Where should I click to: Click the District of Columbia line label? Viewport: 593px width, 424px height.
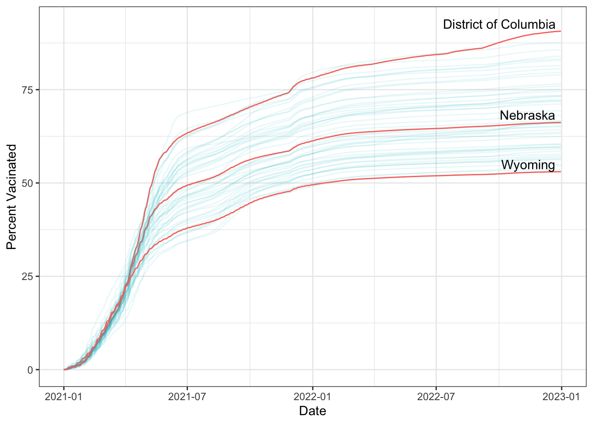click(x=499, y=24)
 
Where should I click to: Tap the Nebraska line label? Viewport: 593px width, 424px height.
click(x=527, y=116)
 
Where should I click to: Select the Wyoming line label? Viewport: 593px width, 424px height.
click(x=528, y=165)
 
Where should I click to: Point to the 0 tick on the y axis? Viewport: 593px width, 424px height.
click(x=30, y=370)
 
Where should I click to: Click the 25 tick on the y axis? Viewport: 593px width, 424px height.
click(x=28, y=276)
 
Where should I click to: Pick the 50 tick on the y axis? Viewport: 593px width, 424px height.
click(x=28, y=183)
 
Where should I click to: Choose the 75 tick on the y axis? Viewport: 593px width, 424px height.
click(x=28, y=90)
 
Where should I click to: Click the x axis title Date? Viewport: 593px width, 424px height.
click(x=312, y=411)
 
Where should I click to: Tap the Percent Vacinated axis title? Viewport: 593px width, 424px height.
click(x=12, y=197)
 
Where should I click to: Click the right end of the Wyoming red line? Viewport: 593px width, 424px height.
click(x=560, y=171)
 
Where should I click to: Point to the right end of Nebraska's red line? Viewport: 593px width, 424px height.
click(x=560, y=122)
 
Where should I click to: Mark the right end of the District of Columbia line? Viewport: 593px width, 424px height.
click(x=560, y=31)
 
